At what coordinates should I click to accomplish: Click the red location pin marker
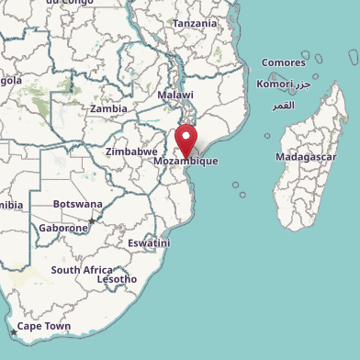click(x=186, y=141)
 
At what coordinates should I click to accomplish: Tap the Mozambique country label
click(x=186, y=161)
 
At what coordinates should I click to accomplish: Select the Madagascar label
click(x=306, y=157)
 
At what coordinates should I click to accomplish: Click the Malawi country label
click(x=175, y=96)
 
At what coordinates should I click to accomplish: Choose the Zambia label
click(x=108, y=108)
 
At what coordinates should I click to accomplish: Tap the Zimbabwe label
click(x=131, y=152)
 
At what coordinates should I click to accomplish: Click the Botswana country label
click(x=77, y=203)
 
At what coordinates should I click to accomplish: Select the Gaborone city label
click(x=63, y=228)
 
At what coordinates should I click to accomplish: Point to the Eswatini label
click(x=148, y=243)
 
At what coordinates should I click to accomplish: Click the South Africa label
click(x=82, y=270)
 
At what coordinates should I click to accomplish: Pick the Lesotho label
click(x=117, y=279)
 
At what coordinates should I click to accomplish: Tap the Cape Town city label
click(x=44, y=326)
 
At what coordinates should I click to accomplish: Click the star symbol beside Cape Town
click(x=13, y=332)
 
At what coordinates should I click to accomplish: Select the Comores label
click(x=283, y=62)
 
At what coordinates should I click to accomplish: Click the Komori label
click(x=275, y=84)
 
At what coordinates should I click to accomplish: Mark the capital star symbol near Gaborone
click(x=91, y=221)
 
